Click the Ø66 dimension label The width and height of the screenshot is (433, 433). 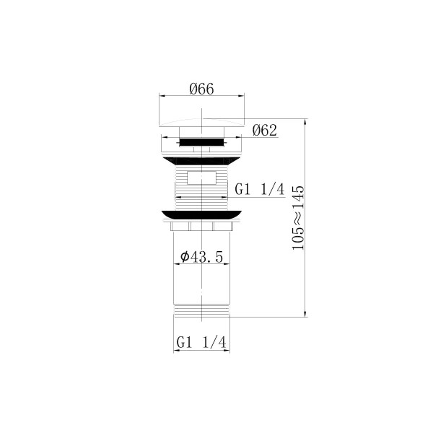pyautogui.click(x=201, y=89)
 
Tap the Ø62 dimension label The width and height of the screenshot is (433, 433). pyautogui.click(x=265, y=131)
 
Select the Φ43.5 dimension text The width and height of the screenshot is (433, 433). pyautogui.click(x=201, y=258)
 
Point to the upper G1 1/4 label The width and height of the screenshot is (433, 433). pyautogui.click(x=259, y=189)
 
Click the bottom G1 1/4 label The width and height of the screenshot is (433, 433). pyautogui.click(x=201, y=342)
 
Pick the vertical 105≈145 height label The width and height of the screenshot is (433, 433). pyautogui.click(x=298, y=218)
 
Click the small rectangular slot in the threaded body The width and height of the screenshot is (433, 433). pyautogui.click(x=201, y=178)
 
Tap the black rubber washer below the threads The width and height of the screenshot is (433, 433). pyautogui.click(x=201, y=215)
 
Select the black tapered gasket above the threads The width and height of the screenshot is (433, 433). pyautogui.click(x=201, y=161)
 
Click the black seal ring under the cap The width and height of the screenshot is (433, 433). pyautogui.click(x=201, y=142)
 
